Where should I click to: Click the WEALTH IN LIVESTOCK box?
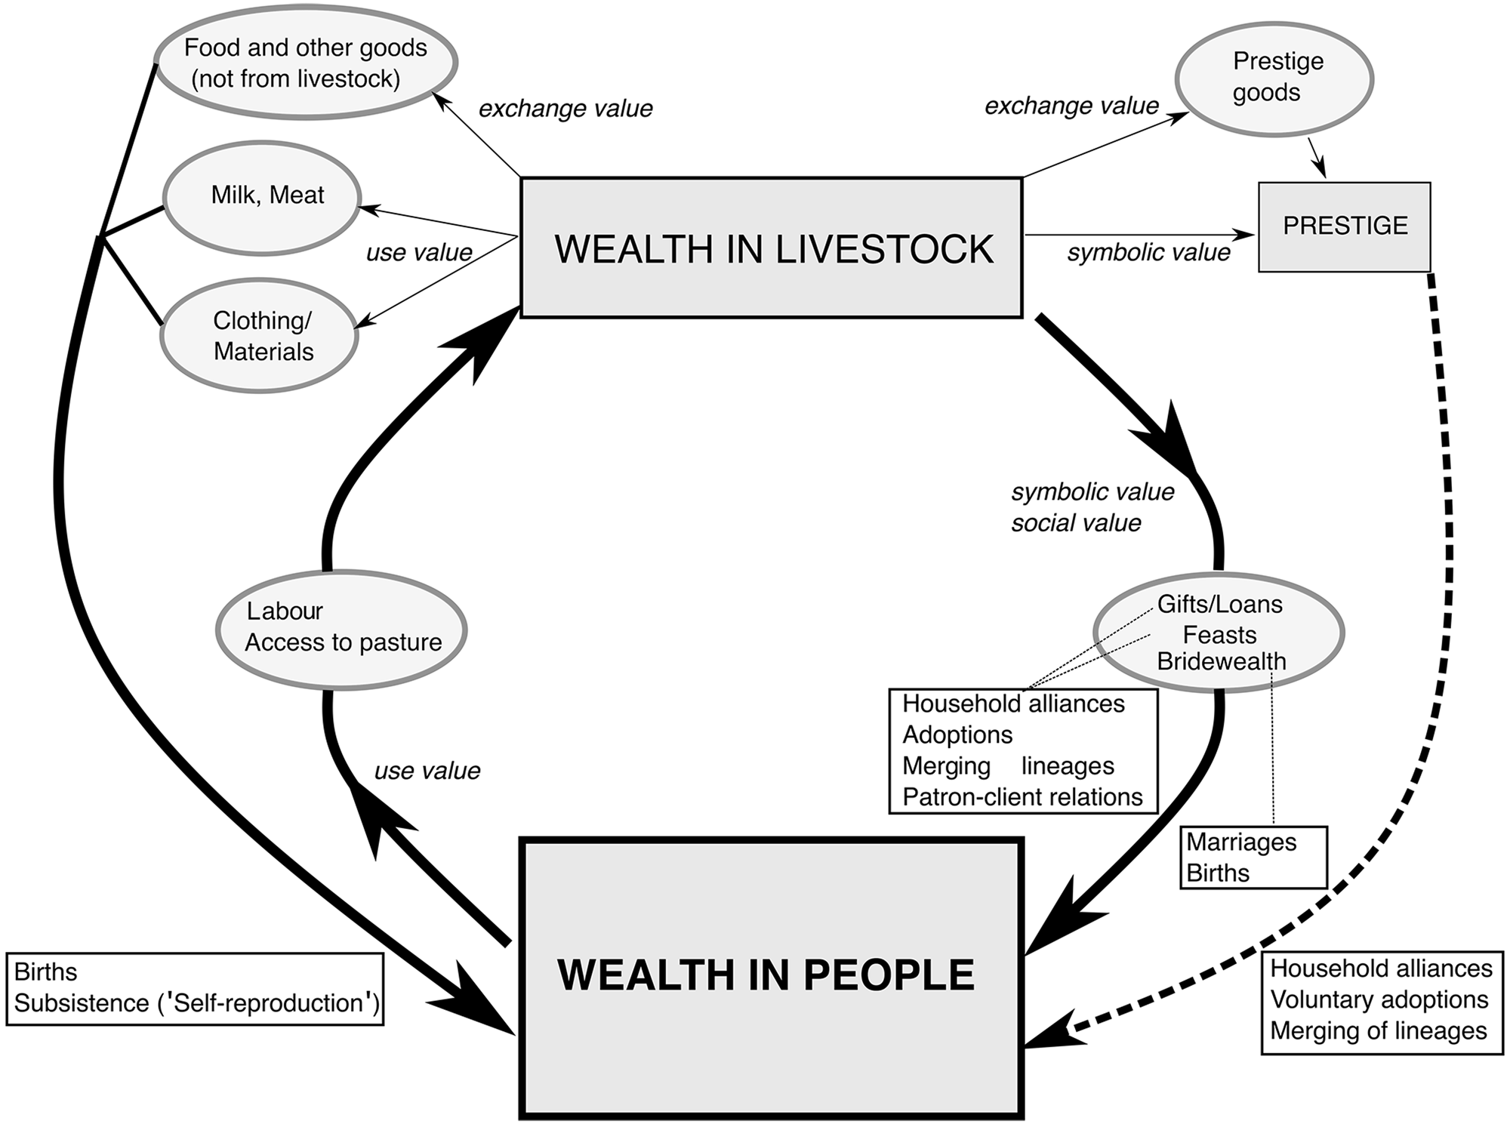click(771, 248)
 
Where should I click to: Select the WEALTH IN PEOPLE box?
click(770, 976)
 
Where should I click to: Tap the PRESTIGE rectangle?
click(1344, 226)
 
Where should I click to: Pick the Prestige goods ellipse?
click(1274, 79)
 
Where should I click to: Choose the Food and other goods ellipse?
click(305, 63)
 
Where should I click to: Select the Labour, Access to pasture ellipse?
click(342, 627)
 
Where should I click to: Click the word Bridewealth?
click(1221, 661)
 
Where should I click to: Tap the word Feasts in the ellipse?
click(1219, 634)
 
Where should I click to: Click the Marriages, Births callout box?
click(1253, 858)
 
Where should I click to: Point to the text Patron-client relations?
click(1022, 796)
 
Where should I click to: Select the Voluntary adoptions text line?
click(1379, 999)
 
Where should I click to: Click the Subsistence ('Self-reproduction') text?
click(196, 1002)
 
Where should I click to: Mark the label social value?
click(1076, 523)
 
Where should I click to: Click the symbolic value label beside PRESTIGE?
click(1148, 253)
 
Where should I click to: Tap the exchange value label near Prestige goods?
click(1071, 106)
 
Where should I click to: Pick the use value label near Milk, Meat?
click(419, 252)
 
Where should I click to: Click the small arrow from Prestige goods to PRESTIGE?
click(1317, 157)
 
